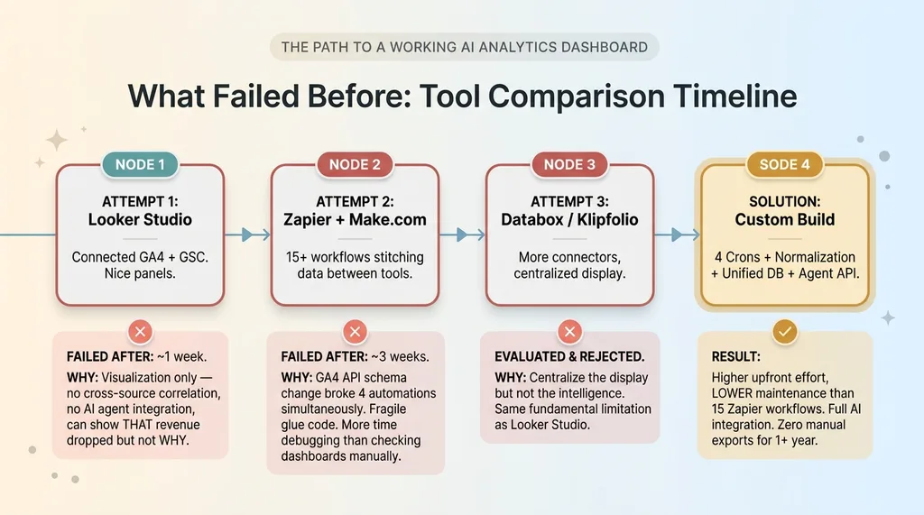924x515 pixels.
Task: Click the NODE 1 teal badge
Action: (x=140, y=164)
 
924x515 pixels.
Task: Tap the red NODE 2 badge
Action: (x=355, y=164)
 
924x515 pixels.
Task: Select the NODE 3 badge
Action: (x=569, y=164)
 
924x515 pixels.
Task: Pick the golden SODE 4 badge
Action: (x=784, y=164)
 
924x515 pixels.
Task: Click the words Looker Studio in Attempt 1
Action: (x=140, y=220)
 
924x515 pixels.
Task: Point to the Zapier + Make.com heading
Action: (x=355, y=220)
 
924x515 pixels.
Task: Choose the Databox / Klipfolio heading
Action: (x=569, y=220)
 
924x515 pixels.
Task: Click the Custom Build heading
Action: (x=784, y=220)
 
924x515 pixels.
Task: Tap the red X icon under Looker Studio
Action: (x=140, y=332)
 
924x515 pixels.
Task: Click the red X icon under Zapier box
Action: (x=355, y=332)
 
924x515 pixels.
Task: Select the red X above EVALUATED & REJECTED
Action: (x=569, y=332)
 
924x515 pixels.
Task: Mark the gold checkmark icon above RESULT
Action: (x=784, y=332)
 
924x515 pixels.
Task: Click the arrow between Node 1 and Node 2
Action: (x=247, y=235)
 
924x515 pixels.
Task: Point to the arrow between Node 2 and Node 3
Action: (x=462, y=235)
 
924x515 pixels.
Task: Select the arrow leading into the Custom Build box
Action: (x=677, y=235)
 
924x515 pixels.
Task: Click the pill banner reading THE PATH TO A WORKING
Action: (x=465, y=47)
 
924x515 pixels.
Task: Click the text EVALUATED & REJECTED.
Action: (x=569, y=356)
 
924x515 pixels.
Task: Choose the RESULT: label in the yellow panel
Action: (x=735, y=356)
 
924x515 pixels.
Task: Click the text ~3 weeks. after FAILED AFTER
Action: (x=400, y=356)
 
